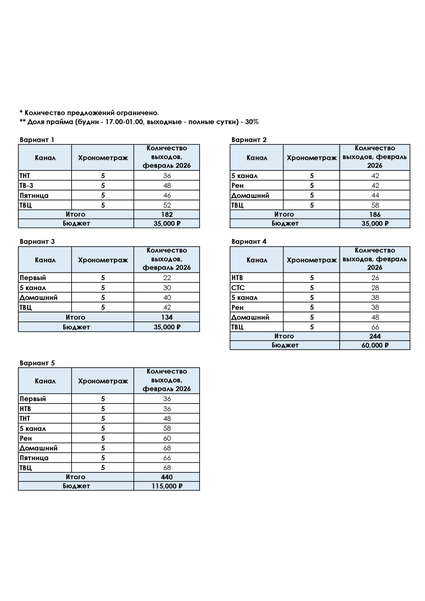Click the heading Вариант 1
point(37,140)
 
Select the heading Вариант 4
point(249,241)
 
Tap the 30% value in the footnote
point(252,122)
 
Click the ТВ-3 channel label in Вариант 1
point(26,185)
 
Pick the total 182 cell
point(167,214)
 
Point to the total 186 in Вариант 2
point(375,214)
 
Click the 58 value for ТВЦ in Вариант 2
point(375,205)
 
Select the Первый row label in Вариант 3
point(33,278)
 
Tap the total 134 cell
point(167,317)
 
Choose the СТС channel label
point(238,288)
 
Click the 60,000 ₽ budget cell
point(375,345)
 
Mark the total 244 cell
point(375,336)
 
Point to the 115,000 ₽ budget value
point(167,486)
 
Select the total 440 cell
point(167,477)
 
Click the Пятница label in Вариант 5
point(34,458)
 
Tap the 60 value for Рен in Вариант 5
point(167,438)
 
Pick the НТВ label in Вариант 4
point(237,278)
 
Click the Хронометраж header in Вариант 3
point(103,260)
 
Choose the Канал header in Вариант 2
point(257,157)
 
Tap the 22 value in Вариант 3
point(167,278)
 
